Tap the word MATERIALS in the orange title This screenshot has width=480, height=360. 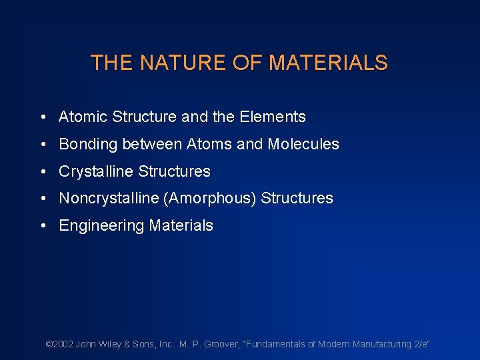pos(328,63)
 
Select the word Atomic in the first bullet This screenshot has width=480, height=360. pos(83,117)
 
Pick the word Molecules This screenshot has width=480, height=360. pos(303,144)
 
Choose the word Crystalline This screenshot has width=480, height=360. pos(96,172)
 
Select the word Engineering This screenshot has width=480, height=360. pos(101,226)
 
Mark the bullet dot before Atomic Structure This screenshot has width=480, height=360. pos(42,118)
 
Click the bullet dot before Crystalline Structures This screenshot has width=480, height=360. pos(42,172)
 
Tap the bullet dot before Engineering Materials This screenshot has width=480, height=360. pos(42,226)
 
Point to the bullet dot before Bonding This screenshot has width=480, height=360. pos(42,145)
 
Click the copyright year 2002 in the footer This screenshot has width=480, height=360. pos(63,344)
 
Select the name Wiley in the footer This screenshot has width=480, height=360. pos(109,344)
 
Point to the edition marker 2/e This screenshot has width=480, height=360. pos(421,344)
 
